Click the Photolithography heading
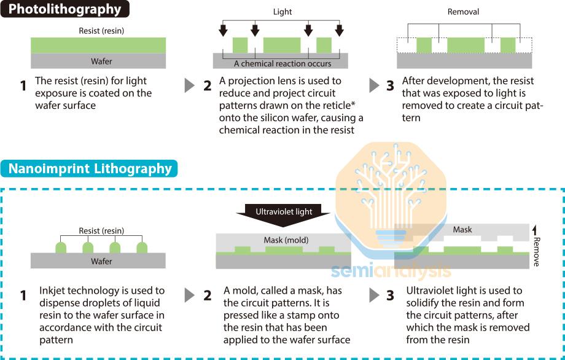pos(65,9)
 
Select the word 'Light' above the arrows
pos(282,12)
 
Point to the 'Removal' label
pos(464,12)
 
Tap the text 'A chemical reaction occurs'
pos(282,63)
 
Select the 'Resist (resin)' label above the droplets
pos(101,230)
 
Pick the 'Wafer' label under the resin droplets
pos(101,260)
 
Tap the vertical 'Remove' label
pos(536,252)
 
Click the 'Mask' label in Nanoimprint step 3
pos(462,230)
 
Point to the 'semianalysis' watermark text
pos(392,271)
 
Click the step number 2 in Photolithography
pos(208,85)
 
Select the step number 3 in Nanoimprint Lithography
pos(391,295)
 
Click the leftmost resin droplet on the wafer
pos(61,248)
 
